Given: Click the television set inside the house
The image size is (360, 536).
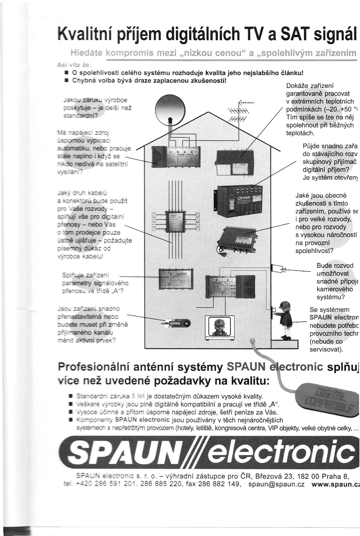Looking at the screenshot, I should tap(220, 327).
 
